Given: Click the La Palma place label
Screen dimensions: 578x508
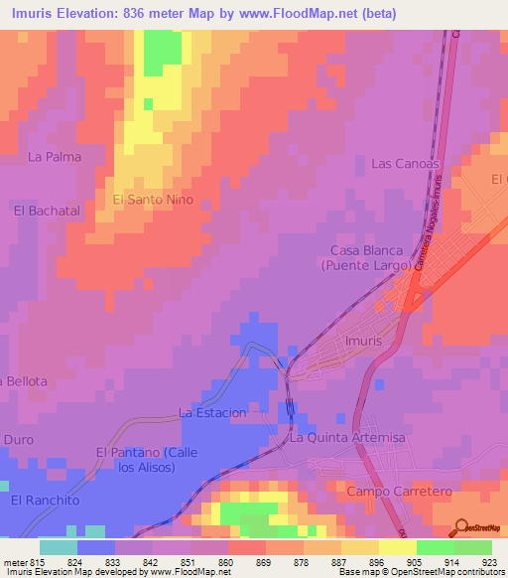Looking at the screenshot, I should pos(55,157).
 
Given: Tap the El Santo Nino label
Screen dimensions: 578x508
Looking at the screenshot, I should pos(153,200).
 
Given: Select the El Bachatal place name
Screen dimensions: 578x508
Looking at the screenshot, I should pos(47,211).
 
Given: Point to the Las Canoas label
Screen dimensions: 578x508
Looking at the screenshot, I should pos(404,163).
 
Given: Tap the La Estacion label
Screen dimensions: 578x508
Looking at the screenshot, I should pos(212,412).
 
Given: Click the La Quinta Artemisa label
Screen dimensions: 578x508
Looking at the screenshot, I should pos(347,437).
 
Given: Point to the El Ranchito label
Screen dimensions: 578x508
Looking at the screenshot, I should pos(45,501).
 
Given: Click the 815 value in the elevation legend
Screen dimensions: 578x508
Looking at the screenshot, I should pos(39,560).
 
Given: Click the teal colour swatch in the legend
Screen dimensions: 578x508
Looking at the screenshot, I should pos(59,546).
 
